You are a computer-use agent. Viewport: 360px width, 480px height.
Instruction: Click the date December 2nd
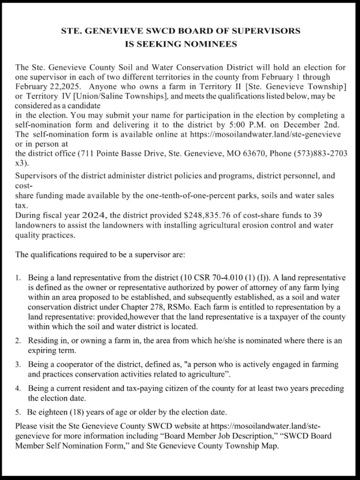point(323,124)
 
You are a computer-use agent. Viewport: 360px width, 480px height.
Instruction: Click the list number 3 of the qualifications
point(18,364)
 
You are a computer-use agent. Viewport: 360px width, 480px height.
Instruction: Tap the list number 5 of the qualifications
point(18,412)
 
